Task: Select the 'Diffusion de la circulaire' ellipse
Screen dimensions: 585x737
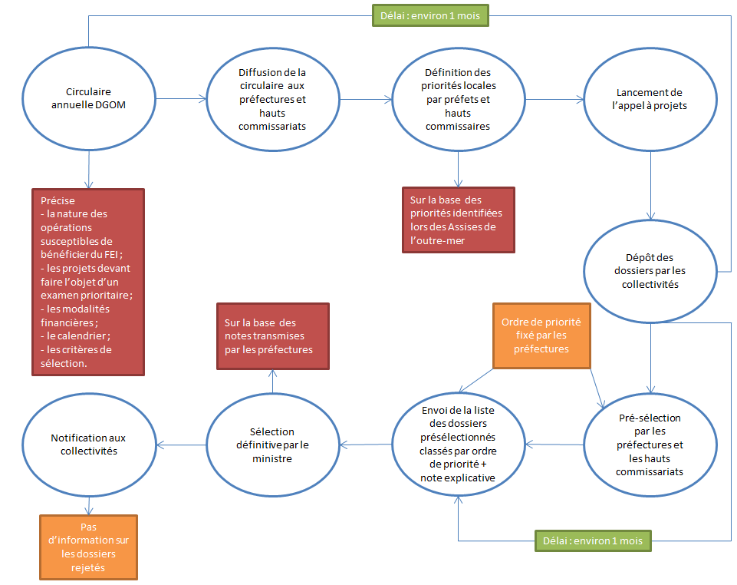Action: (x=272, y=98)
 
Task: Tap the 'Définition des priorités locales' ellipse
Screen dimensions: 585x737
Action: (x=458, y=98)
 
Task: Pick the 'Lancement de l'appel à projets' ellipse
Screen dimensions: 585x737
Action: (x=650, y=98)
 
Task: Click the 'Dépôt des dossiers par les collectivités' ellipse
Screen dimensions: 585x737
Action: (x=650, y=270)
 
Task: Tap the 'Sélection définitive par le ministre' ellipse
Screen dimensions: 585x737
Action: (x=272, y=444)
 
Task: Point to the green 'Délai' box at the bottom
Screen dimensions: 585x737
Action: (x=593, y=540)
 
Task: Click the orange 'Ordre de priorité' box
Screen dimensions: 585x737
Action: (x=541, y=335)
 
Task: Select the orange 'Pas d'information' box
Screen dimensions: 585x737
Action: (x=88, y=547)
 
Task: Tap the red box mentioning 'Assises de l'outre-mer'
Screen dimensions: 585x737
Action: (x=458, y=220)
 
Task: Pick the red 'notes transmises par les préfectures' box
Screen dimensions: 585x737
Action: (x=272, y=336)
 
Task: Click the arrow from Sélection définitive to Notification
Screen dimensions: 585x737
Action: (x=180, y=444)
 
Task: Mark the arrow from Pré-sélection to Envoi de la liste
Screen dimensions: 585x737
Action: (x=554, y=445)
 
